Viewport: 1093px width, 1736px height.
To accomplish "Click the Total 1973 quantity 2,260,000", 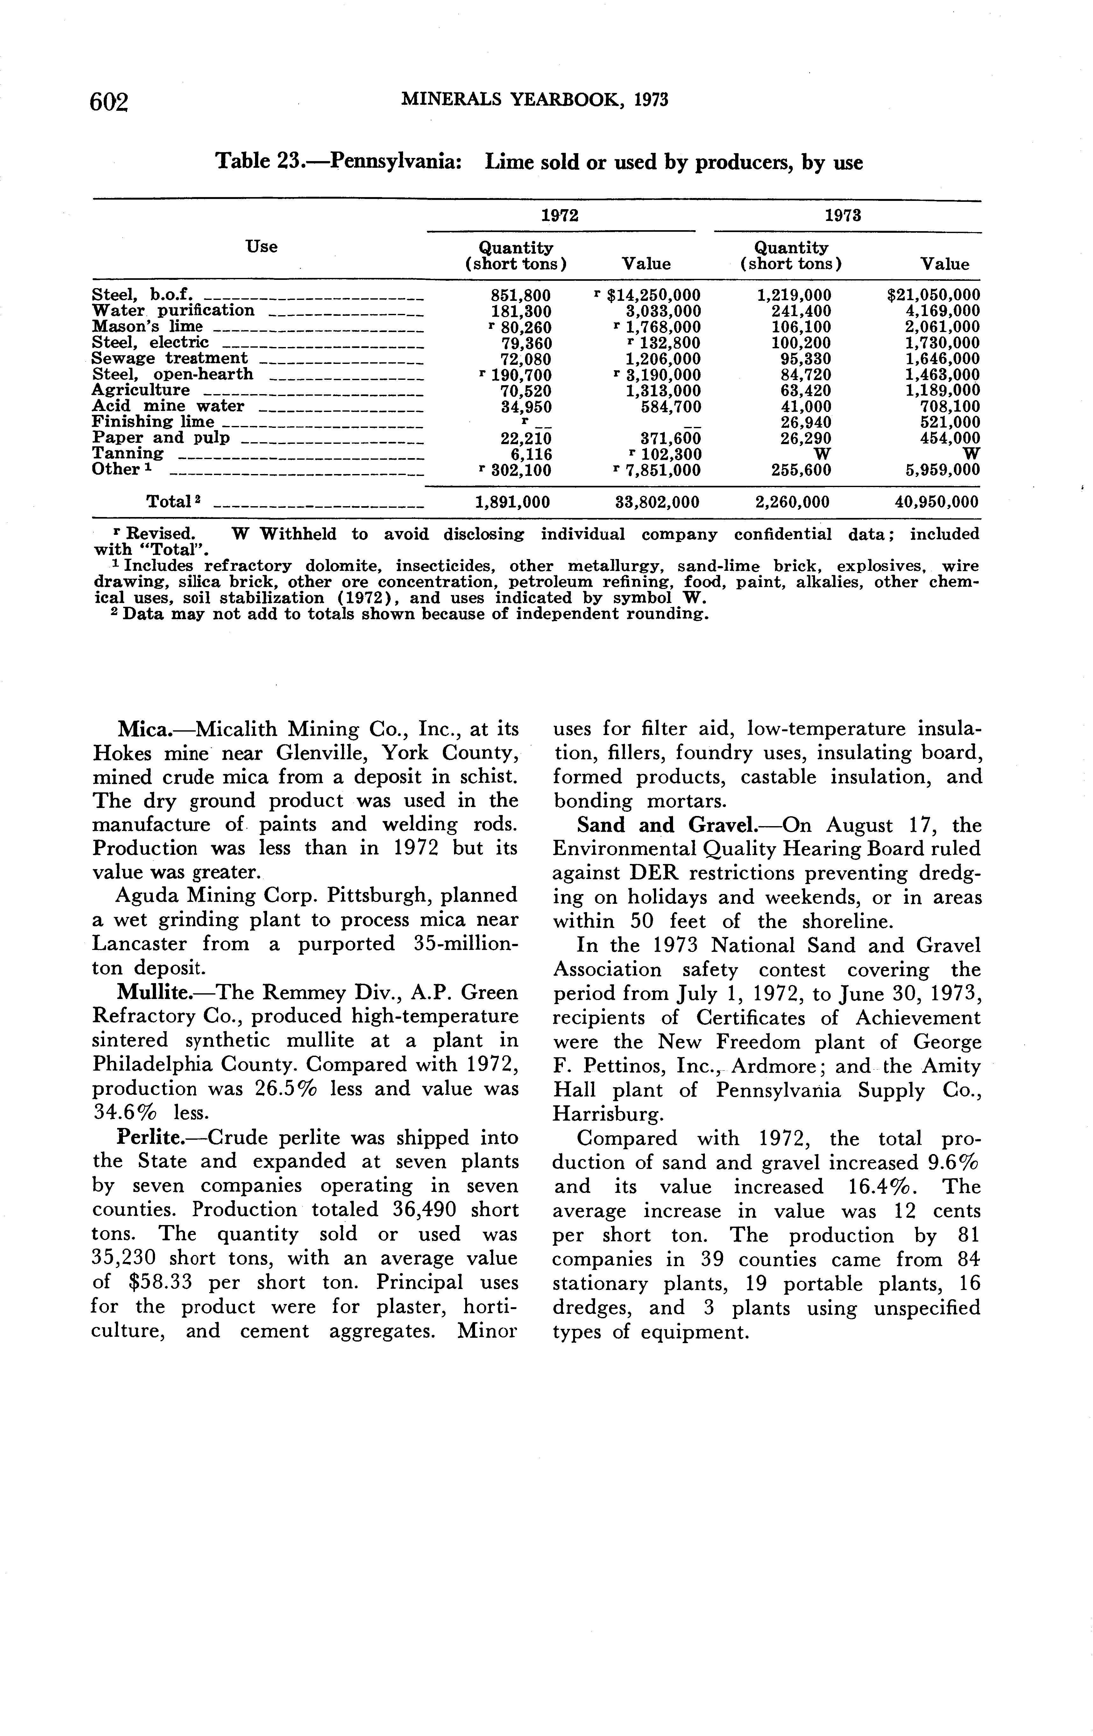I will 791,502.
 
